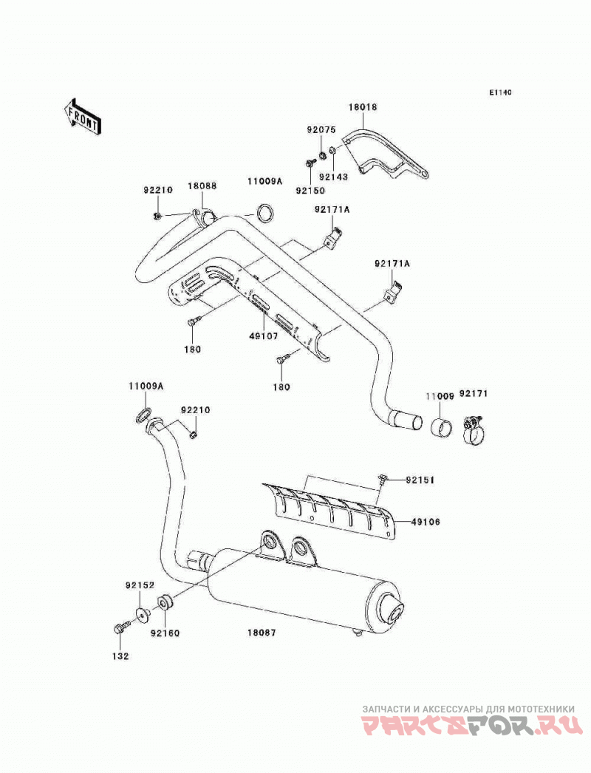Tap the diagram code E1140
pyautogui.click(x=500, y=92)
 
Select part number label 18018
pyautogui.click(x=363, y=106)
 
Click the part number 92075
pyautogui.click(x=321, y=130)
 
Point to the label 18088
pyautogui.click(x=202, y=185)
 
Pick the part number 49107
pyautogui.click(x=263, y=336)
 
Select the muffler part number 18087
pyautogui.click(x=262, y=632)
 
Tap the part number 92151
pyautogui.click(x=420, y=480)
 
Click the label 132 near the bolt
pyautogui.click(x=120, y=656)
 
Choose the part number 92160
pyautogui.click(x=165, y=633)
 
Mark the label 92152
pyautogui.click(x=140, y=585)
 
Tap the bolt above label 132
pyautogui.click(x=120, y=628)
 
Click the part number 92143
pyautogui.click(x=333, y=177)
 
